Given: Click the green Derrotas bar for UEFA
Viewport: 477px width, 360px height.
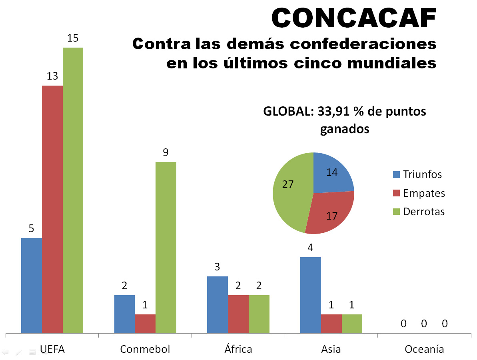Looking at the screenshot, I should coord(73,190).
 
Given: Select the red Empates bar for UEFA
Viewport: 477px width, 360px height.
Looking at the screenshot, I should coord(52,209).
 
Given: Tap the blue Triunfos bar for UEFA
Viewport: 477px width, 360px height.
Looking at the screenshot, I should coord(32,285).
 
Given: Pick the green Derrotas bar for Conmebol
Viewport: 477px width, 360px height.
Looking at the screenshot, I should coord(166,247).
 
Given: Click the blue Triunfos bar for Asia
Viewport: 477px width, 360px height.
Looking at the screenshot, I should coord(310,295).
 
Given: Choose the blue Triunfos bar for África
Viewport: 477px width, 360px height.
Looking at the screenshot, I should coord(217,304).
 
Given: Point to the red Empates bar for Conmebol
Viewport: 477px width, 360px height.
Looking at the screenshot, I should coord(145,323).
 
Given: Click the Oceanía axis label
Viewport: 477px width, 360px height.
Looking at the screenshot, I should coord(424,349).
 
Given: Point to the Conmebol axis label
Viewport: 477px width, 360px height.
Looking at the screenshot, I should coord(145,349).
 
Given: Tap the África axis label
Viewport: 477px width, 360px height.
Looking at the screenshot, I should coord(238,349).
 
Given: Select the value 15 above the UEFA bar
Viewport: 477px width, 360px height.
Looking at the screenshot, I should coord(73,38).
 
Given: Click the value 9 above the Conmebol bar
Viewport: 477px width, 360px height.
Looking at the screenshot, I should coord(166,152).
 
